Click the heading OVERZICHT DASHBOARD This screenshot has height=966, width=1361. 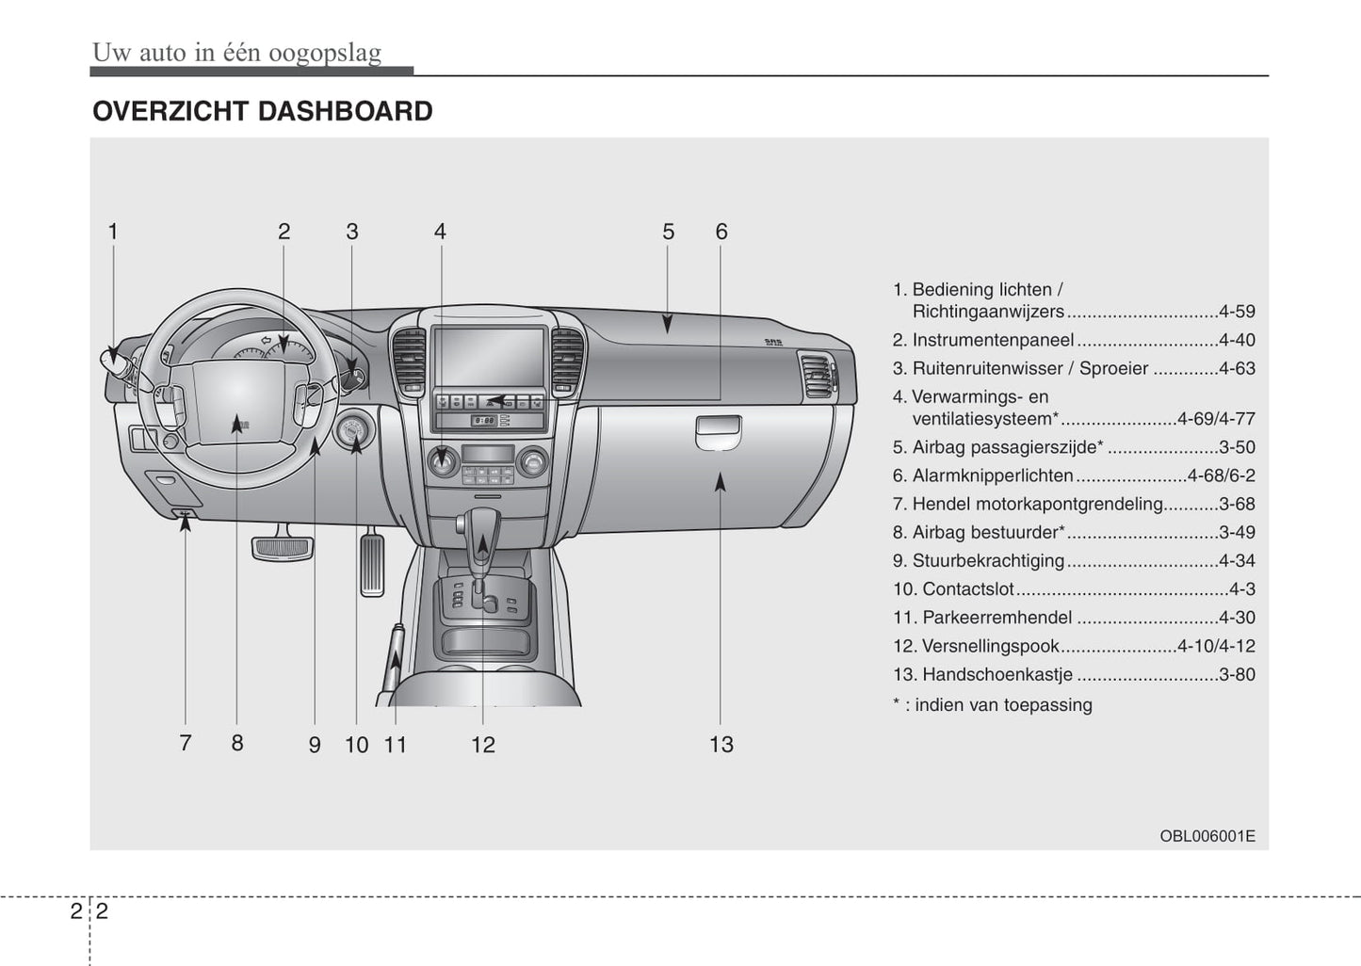(x=262, y=111)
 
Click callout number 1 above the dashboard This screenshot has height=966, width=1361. (x=113, y=232)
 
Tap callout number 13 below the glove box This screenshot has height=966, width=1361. (x=721, y=745)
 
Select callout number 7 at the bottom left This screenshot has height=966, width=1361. (x=186, y=743)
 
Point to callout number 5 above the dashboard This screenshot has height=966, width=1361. (x=668, y=232)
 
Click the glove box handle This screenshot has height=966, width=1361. (x=718, y=433)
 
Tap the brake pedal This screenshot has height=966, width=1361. (x=282, y=547)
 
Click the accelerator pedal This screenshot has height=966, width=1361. (x=372, y=563)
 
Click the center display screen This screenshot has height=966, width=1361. (x=489, y=355)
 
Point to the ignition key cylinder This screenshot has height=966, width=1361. (x=355, y=432)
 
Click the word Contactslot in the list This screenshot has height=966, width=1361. (x=968, y=589)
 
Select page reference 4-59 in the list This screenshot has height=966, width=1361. (x=1236, y=312)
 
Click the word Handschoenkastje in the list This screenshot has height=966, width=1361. (x=997, y=674)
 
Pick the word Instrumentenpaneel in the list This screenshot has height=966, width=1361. (x=993, y=340)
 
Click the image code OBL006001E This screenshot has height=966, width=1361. (x=1207, y=836)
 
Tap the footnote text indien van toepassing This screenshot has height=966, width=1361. (x=1003, y=704)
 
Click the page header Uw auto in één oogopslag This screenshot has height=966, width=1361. (x=236, y=52)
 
